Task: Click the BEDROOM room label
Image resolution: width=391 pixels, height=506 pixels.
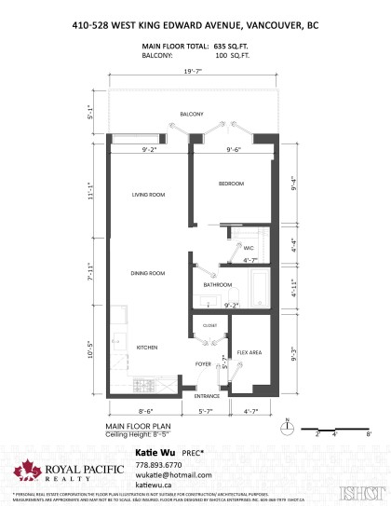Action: [231, 185]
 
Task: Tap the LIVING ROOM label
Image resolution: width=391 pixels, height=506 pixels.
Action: [148, 195]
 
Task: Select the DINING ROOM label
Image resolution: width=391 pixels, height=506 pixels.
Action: [148, 273]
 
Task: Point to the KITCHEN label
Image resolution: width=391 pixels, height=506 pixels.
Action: [148, 347]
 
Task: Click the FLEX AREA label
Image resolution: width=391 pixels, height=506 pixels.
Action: [248, 353]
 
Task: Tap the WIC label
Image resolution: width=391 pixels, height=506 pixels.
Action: [249, 249]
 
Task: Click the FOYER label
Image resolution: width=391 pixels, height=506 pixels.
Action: [203, 363]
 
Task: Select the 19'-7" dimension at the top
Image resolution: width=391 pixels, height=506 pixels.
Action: [193, 72]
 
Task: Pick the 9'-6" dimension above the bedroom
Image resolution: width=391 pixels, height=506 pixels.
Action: [234, 148]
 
